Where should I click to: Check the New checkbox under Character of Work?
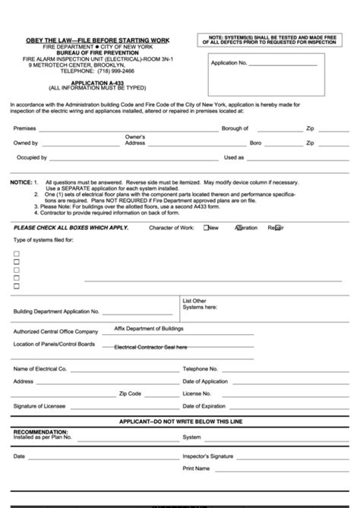click(207, 228)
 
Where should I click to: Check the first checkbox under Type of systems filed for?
click(17, 251)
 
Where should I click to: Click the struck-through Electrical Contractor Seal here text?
click(150, 347)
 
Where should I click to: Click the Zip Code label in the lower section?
click(130, 394)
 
